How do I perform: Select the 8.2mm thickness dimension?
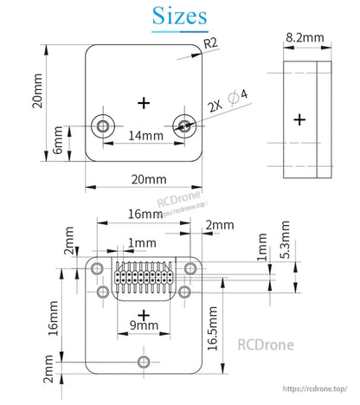(304, 38)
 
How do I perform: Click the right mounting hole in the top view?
(183, 126)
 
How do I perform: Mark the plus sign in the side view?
(300, 119)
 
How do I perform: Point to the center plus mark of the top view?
(145, 102)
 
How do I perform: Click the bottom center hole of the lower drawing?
(144, 361)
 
